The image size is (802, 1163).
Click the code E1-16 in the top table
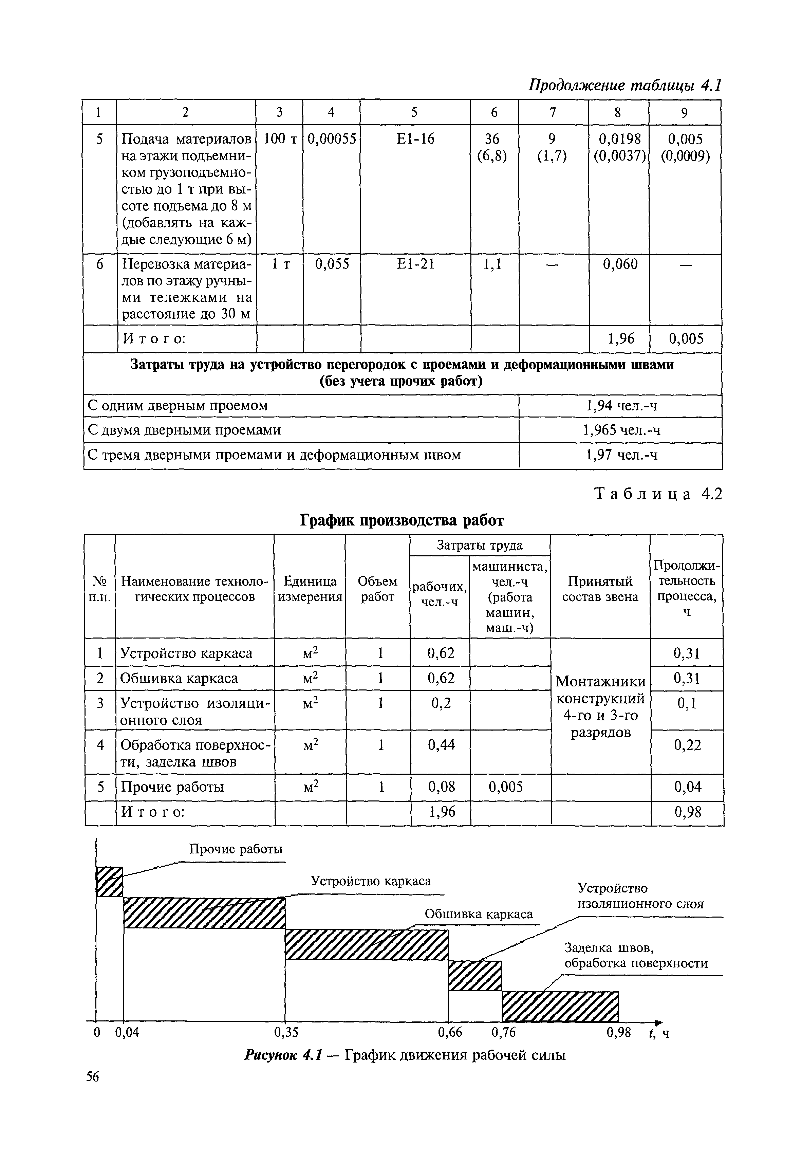click(x=415, y=139)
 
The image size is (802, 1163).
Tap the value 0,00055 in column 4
click(x=331, y=139)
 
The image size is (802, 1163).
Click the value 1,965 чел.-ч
click(x=621, y=430)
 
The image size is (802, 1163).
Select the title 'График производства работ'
click(x=402, y=520)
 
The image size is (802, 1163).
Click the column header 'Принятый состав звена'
click(x=600, y=589)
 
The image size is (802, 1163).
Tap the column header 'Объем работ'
click(x=377, y=589)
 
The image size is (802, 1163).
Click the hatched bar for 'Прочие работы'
click(x=110, y=882)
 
